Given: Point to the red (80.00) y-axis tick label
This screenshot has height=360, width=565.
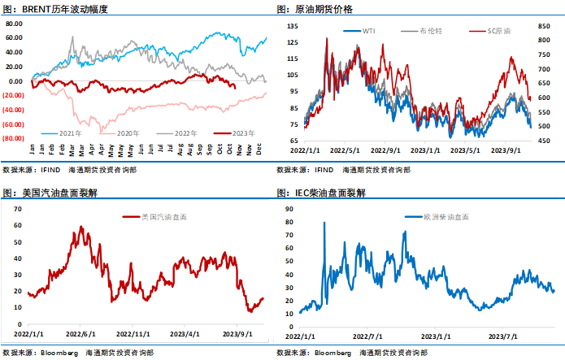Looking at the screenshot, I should click(x=14, y=138).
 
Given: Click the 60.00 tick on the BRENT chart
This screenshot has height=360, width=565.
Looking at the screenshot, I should click(x=15, y=38).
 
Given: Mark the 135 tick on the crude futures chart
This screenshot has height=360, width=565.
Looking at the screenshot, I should click(x=293, y=26).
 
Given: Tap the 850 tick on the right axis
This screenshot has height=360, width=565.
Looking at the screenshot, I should click(x=545, y=26).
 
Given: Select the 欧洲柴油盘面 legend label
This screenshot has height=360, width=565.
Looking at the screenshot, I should click(x=439, y=218).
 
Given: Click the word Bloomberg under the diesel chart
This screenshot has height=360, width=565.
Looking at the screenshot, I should click(x=332, y=353).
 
